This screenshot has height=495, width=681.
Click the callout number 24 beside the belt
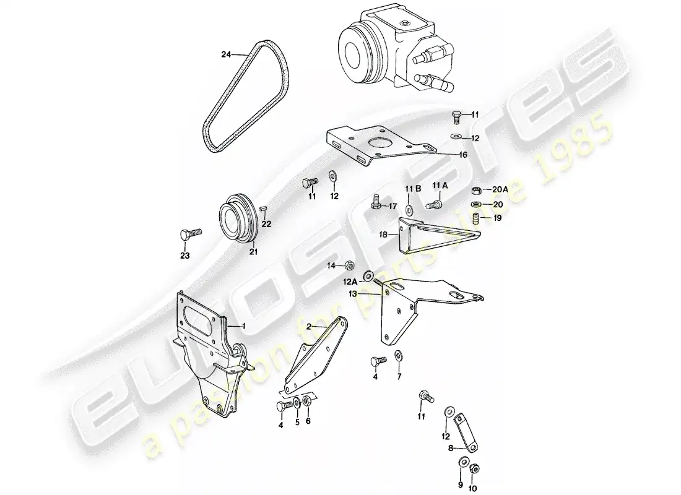(x=226, y=54)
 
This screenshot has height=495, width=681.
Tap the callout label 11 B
(x=412, y=187)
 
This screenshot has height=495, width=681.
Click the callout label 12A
(x=351, y=281)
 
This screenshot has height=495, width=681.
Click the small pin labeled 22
(x=262, y=208)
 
